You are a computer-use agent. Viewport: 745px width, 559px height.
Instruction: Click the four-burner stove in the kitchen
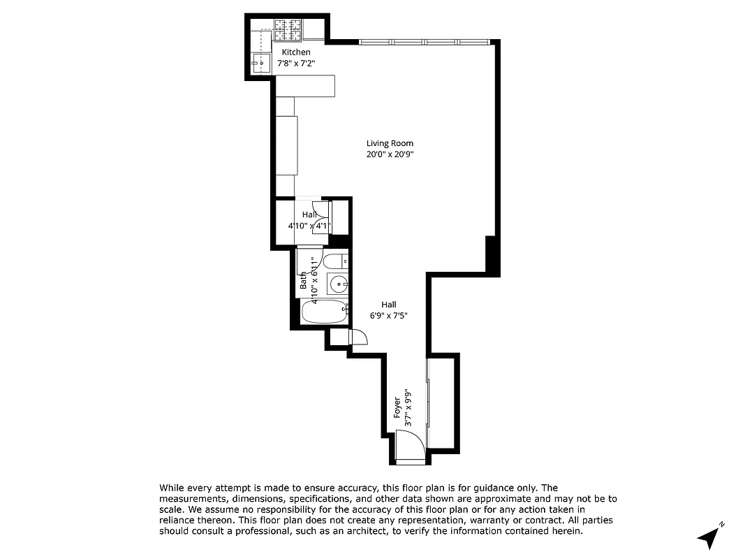click(x=288, y=29)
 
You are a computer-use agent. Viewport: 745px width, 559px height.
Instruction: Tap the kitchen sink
click(x=260, y=63)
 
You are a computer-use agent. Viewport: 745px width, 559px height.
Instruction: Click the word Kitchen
click(x=296, y=52)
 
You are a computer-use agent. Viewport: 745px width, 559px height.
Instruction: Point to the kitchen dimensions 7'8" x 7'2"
click(x=296, y=63)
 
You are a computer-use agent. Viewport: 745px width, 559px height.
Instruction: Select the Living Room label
click(x=390, y=143)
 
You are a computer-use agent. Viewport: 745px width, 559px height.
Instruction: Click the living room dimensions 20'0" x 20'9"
click(x=390, y=154)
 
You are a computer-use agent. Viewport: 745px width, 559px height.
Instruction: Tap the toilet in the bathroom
click(x=334, y=261)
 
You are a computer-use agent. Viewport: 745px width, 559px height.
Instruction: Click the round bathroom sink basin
click(x=337, y=284)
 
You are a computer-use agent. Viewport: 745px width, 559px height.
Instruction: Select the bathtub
click(x=324, y=311)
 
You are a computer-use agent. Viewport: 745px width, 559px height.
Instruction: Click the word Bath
click(x=304, y=281)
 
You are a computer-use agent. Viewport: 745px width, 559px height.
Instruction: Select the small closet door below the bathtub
click(x=358, y=337)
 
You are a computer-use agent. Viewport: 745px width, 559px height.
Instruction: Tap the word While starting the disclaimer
click(x=173, y=488)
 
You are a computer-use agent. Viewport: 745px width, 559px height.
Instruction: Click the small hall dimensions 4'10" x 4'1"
click(x=309, y=226)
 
